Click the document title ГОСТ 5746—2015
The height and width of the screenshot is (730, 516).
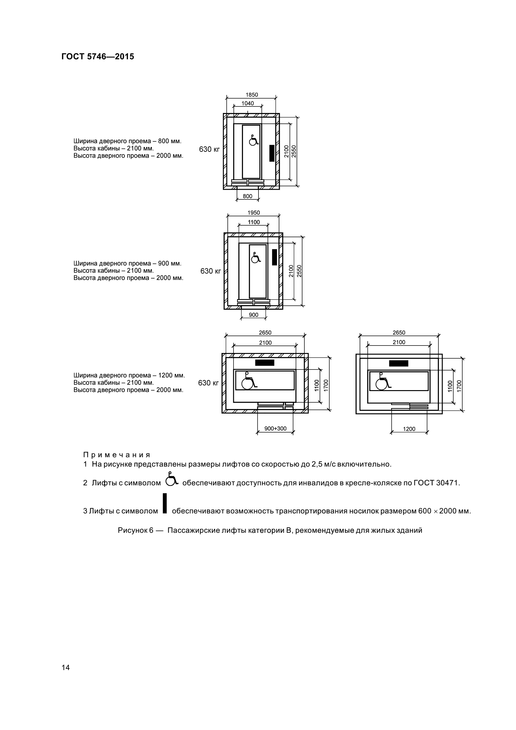(x=98, y=56)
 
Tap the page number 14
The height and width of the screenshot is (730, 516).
(x=66, y=667)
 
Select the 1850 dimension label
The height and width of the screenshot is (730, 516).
(x=252, y=95)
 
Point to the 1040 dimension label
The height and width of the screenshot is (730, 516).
(x=248, y=103)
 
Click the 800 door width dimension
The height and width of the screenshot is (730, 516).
(x=247, y=197)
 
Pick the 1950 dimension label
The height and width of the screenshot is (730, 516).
(x=253, y=213)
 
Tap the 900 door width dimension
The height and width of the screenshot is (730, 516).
(x=253, y=315)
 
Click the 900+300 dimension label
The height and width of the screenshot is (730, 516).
(x=275, y=429)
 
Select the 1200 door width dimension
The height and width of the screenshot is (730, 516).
(x=409, y=429)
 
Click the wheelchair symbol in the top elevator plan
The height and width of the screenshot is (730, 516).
(x=253, y=140)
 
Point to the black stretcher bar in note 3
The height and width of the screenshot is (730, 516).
(x=165, y=503)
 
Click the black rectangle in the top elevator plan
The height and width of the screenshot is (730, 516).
(x=272, y=153)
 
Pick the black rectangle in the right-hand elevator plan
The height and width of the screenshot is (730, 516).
(x=398, y=363)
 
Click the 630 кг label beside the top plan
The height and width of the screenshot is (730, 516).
(x=209, y=149)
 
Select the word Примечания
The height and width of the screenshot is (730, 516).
(x=117, y=455)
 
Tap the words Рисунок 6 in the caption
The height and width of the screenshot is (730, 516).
(x=135, y=530)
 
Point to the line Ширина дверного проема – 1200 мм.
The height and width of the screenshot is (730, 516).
(x=129, y=375)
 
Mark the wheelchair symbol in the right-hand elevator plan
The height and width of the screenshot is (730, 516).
(x=383, y=383)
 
